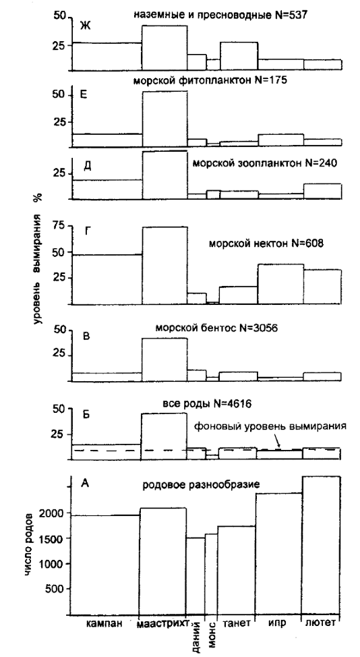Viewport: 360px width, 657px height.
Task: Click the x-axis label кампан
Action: (104, 623)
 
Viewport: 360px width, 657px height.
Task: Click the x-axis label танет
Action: (236, 623)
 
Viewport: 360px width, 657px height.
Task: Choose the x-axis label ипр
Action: (278, 623)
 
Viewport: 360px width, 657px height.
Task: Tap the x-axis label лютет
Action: (321, 623)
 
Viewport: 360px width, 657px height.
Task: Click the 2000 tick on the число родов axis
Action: (51, 513)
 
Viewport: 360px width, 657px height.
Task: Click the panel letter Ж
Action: (86, 26)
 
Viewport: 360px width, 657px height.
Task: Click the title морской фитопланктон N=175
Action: (210, 80)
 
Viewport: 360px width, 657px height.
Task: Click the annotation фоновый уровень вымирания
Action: (270, 427)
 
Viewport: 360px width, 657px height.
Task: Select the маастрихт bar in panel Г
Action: (164, 265)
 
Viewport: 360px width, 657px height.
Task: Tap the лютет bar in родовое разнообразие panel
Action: (321, 545)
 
